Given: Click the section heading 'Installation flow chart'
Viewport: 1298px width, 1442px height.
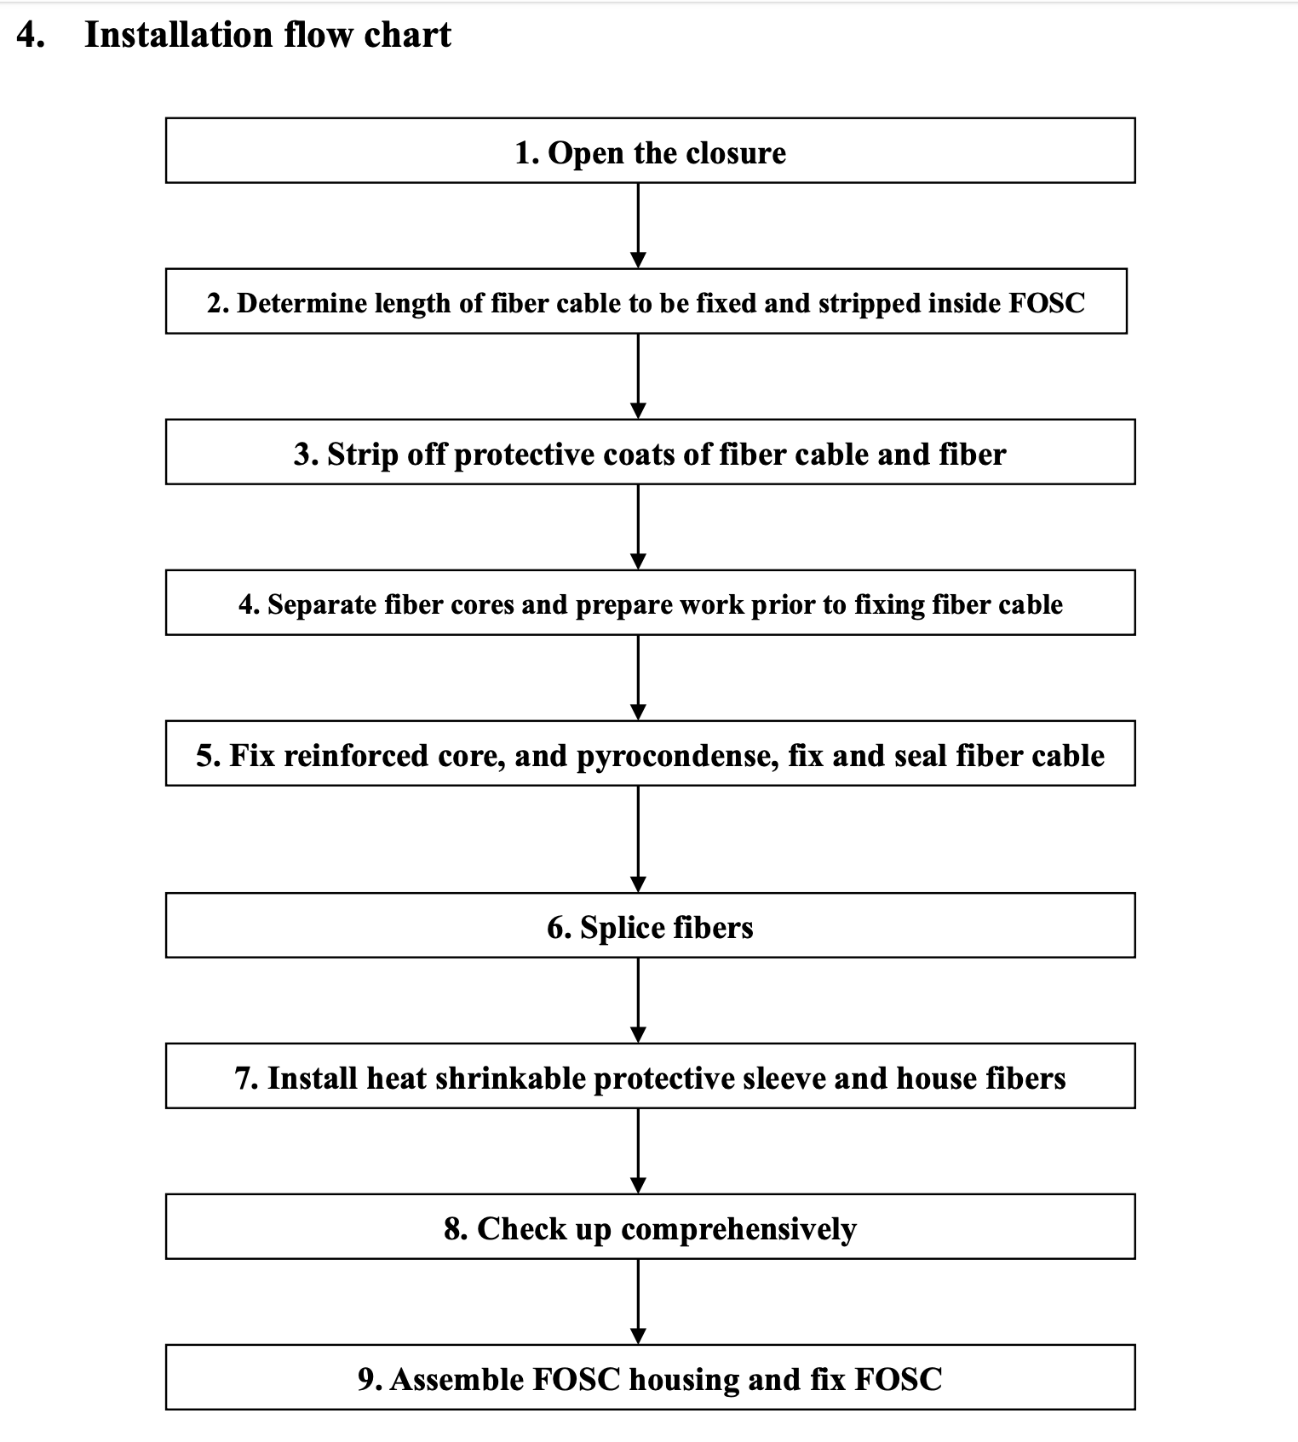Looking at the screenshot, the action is (x=267, y=35).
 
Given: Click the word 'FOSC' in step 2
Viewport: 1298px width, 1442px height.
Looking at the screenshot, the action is (x=1047, y=303).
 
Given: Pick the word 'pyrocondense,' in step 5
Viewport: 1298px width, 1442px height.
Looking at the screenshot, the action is (x=678, y=756).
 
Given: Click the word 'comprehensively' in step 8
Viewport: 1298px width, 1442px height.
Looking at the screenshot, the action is (x=738, y=1229).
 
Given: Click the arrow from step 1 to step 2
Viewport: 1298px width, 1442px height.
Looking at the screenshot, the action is (x=638, y=226).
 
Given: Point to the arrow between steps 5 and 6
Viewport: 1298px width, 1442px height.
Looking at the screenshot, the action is (x=638, y=838).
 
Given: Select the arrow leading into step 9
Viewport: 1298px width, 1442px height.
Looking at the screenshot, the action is (x=638, y=1302).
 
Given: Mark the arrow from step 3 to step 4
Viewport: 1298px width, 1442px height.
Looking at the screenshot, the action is (x=638, y=527).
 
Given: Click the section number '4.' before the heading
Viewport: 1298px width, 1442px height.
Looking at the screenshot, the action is (x=31, y=35).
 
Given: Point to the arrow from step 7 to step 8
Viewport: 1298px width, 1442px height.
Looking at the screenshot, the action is (x=638, y=1151).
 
